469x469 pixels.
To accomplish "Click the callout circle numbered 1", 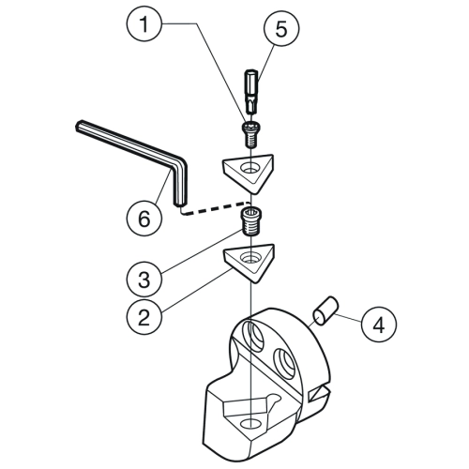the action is pos(144,23).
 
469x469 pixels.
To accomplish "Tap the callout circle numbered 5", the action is pos(281,28).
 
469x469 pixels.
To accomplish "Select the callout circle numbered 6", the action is pos(144,218).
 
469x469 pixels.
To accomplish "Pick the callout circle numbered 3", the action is pos(144,279).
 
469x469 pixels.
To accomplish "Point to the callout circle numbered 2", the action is pos(144,317).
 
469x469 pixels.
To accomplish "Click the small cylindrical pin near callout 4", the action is pos(326,310).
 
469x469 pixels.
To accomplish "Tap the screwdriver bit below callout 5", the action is pos(250,92).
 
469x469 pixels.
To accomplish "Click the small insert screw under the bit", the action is pos(251,134).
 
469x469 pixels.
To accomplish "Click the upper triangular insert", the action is pos(249,173).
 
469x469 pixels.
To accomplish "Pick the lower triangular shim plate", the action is pos(250,262).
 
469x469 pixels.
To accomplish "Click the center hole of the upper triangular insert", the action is pos(250,168).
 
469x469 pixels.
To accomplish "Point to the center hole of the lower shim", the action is pos(250,258).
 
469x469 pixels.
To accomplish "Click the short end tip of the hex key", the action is pos(178,204).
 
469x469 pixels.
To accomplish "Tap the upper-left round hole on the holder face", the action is pos(254,335).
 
